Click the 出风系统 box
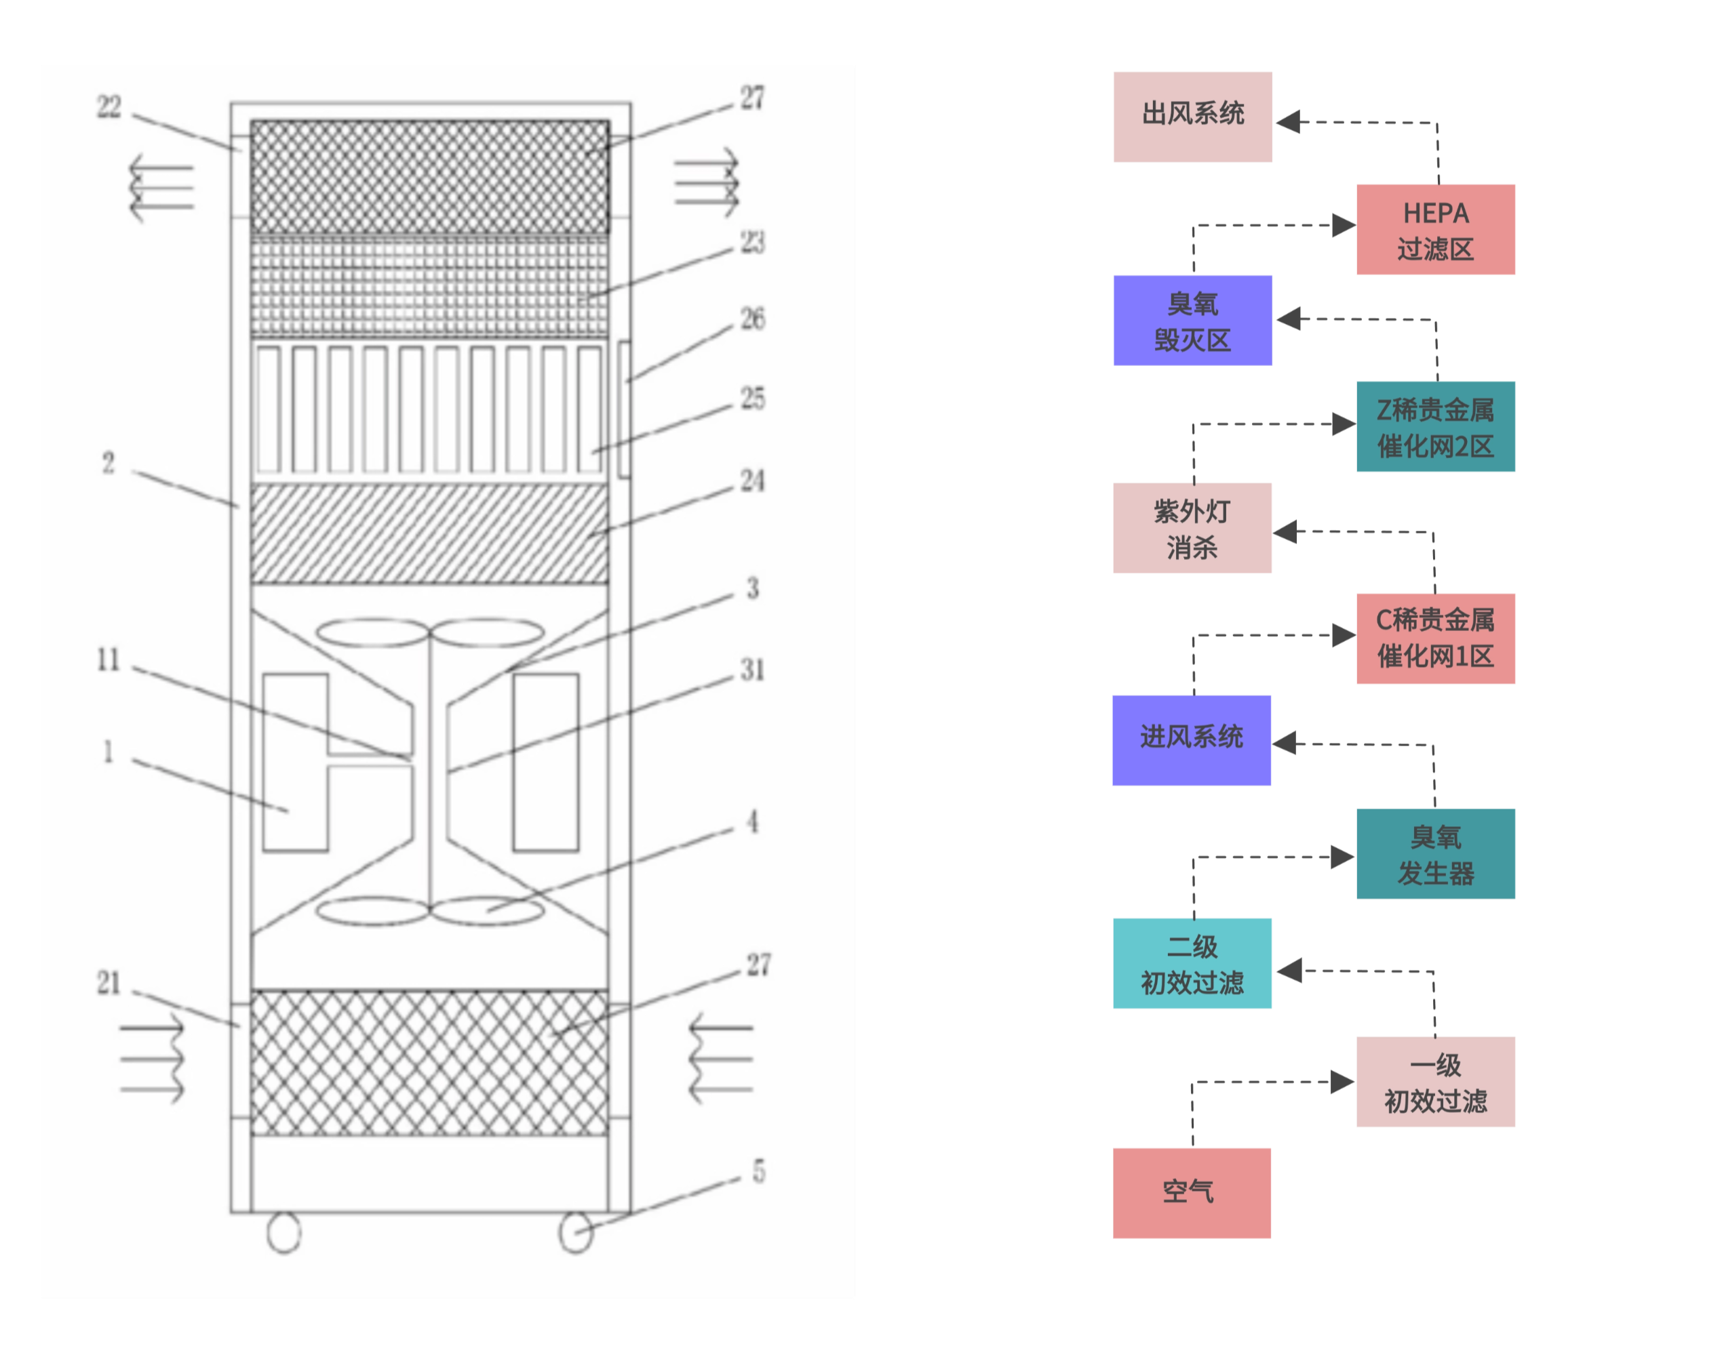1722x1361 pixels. tap(1192, 117)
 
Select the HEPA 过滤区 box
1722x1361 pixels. tap(1435, 230)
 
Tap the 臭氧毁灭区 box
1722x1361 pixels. tap(1192, 321)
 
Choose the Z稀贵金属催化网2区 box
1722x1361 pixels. tap(1435, 426)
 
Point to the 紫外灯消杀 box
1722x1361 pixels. tap(1192, 527)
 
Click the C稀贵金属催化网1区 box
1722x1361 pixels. tap(1435, 638)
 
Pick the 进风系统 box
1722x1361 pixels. tap(1191, 739)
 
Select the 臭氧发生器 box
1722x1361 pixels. tap(1435, 853)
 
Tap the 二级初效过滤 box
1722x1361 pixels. tap(1192, 963)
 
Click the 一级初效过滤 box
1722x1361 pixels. tap(1435, 1081)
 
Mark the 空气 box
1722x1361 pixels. tap(1191, 1192)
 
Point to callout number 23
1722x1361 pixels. tap(751, 242)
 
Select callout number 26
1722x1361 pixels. tap(751, 319)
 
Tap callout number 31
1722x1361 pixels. tap(751, 670)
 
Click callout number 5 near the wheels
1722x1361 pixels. tap(758, 1171)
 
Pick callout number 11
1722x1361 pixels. tap(109, 659)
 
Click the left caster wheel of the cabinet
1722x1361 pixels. tap(283, 1232)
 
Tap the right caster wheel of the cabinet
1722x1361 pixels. tap(576, 1232)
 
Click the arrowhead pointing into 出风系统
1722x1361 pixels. tap(1289, 122)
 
